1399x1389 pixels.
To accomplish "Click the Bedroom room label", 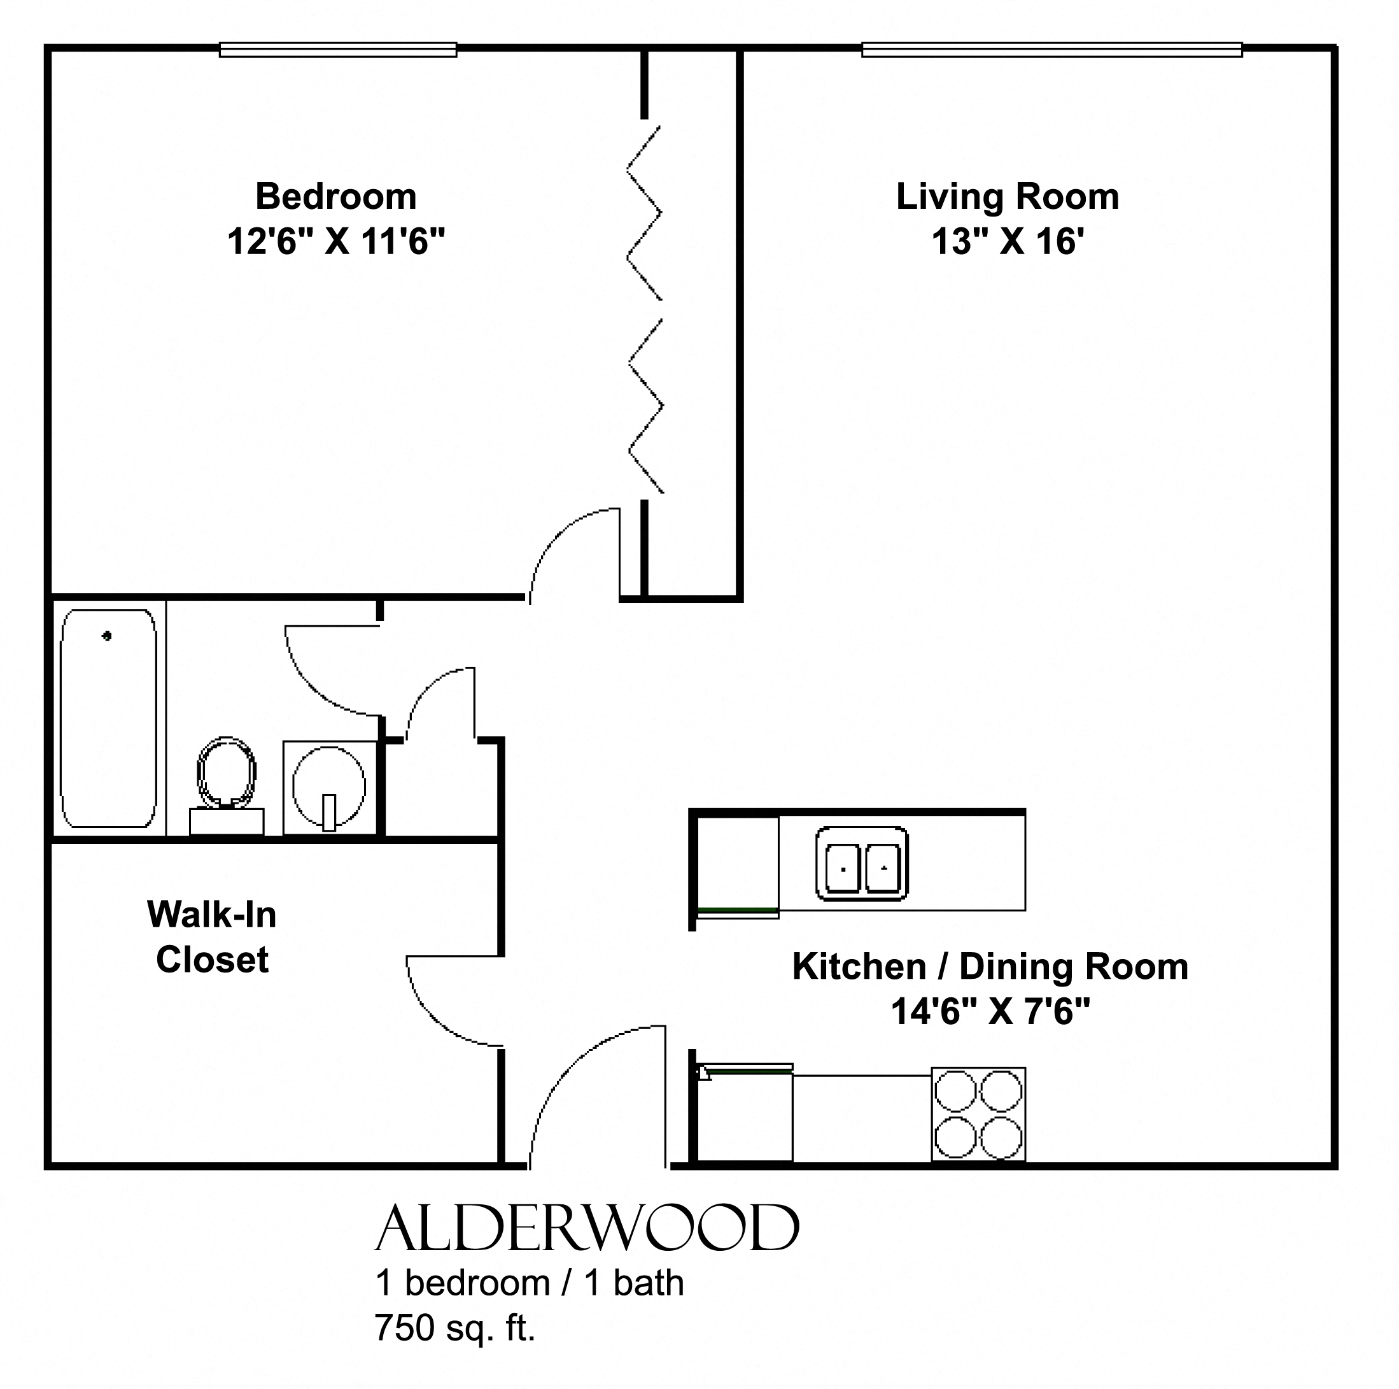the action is point(336,197).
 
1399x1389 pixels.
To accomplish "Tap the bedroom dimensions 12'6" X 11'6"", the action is point(336,241).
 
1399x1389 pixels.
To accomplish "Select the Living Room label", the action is point(1008,197).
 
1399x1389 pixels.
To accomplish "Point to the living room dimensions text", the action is point(1008,241).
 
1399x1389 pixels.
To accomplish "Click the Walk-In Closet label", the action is point(212,937).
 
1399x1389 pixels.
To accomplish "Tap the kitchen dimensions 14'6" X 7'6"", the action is point(990,1011).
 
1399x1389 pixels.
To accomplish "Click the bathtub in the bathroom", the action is point(109,718).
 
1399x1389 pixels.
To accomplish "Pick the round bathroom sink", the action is point(329,787).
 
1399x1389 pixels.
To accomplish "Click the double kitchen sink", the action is point(862,864).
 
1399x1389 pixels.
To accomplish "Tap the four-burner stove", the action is point(978,1115).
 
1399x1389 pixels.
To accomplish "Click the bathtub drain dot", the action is point(107,636).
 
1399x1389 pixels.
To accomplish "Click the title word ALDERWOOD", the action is point(587,1229).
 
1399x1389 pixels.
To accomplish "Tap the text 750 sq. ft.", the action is point(454,1327).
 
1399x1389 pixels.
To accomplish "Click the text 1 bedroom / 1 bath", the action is point(530,1283).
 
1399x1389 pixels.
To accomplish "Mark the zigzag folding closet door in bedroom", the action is point(645,310).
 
